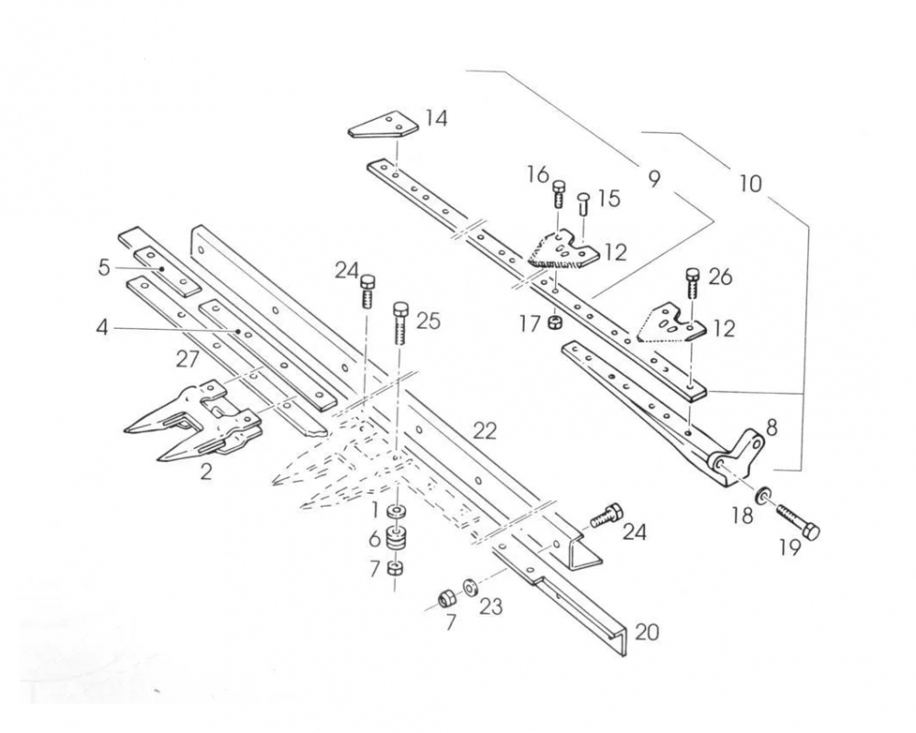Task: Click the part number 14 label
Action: (436, 118)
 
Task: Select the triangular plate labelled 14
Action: (383, 126)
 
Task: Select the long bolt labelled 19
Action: (797, 521)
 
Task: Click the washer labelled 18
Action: (761, 496)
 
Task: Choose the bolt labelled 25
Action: (400, 323)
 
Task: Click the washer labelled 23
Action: (469, 586)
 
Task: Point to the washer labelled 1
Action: (397, 511)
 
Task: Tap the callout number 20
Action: (647, 632)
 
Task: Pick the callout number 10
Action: (749, 183)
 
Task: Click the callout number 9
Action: (652, 178)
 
